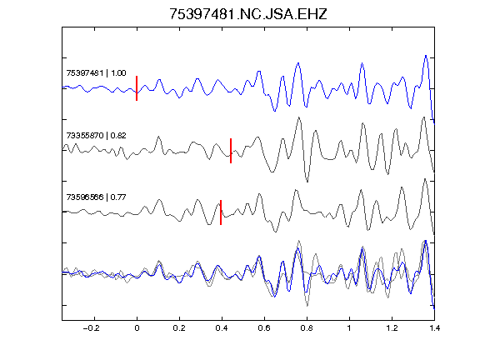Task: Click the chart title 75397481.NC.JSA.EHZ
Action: (x=248, y=14)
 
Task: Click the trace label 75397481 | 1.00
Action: (x=96, y=73)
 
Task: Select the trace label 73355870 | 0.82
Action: (x=96, y=136)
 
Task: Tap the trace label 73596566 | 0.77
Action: (x=96, y=197)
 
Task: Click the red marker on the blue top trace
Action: (x=137, y=88)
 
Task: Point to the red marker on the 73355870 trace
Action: (x=231, y=151)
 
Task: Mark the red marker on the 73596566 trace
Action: (x=221, y=212)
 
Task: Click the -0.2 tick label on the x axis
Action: (x=92, y=328)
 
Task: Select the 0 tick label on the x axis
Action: (x=137, y=328)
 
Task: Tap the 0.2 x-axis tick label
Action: (x=179, y=328)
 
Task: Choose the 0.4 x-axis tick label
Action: (x=222, y=328)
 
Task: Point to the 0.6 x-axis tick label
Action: (x=264, y=328)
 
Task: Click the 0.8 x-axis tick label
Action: (x=307, y=328)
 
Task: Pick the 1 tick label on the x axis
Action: (x=349, y=328)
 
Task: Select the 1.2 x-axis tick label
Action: (x=392, y=328)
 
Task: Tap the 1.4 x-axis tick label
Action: (x=434, y=328)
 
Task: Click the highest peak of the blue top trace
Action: (x=426, y=56)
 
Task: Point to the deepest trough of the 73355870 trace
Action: (x=307, y=182)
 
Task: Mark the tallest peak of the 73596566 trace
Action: (x=425, y=179)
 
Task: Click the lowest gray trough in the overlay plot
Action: (x=307, y=306)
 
